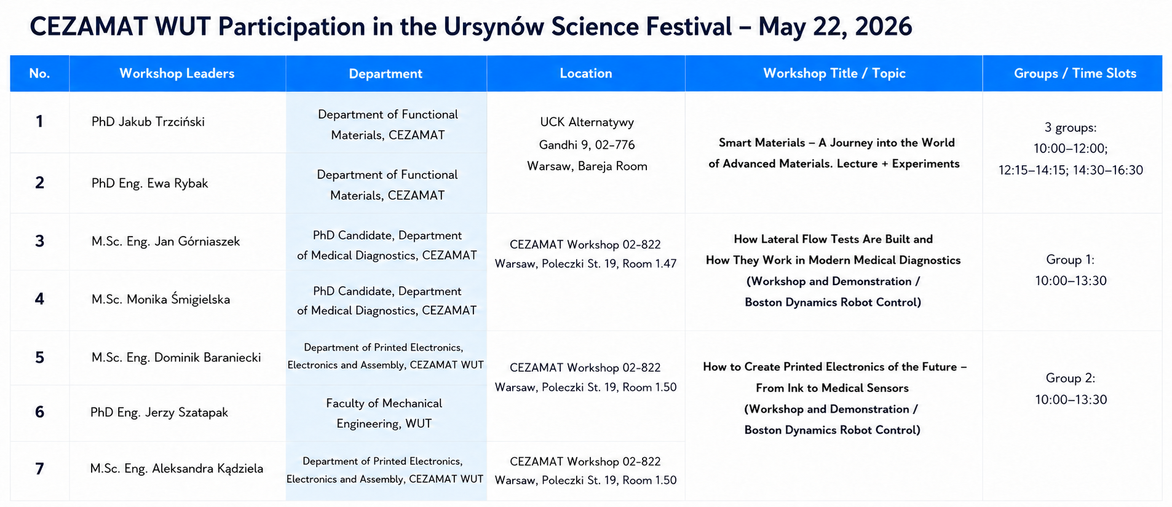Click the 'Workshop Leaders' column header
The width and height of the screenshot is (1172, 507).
pyautogui.click(x=177, y=74)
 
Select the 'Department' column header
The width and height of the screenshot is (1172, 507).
pyautogui.click(x=386, y=74)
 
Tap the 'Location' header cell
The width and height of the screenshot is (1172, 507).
pyautogui.click(x=586, y=74)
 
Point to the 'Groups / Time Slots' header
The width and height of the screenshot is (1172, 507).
pyautogui.click(x=1075, y=74)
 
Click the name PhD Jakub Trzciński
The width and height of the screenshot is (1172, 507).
pyautogui.click(x=148, y=122)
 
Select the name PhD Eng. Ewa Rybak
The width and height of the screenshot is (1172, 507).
pyautogui.click(x=150, y=183)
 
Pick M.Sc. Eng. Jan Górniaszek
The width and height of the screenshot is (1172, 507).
pyautogui.click(x=166, y=242)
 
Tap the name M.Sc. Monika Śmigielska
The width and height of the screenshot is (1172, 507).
pyautogui.click(x=161, y=299)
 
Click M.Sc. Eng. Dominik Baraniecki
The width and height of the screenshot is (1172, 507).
pyautogui.click(x=176, y=358)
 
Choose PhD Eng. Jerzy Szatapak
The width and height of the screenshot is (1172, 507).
pyautogui.click(x=159, y=412)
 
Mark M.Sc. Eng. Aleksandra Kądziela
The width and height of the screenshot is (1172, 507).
pyautogui.click(x=176, y=468)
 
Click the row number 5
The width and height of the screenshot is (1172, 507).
pyautogui.click(x=39, y=358)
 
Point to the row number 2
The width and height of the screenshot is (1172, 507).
pyautogui.click(x=39, y=183)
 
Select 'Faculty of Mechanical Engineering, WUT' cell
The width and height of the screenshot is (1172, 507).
pyautogui.click(x=384, y=413)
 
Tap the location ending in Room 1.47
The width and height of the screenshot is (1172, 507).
pyautogui.click(x=586, y=254)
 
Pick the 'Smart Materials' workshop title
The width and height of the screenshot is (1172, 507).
pyautogui.click(x=834, y=153)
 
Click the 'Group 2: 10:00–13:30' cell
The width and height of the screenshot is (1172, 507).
pyautogui.click(x=1071, y=388)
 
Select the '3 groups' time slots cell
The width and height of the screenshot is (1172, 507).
pyautogui.click(x=1071, y=149)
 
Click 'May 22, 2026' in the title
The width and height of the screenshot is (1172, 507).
pyautogui.click(x=835, y=27)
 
